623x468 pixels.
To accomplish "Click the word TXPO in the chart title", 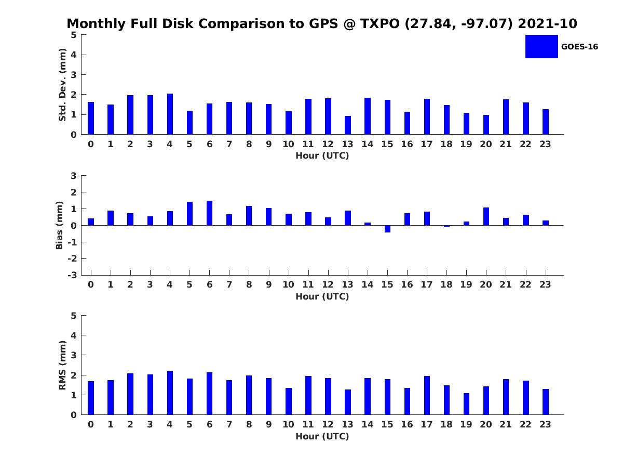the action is pyautogui.click(x=380, y=23).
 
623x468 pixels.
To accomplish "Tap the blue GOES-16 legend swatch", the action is pyautogui.click(x=541, y=47).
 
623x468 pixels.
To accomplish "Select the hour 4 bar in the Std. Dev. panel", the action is pyautogui.click(x=170, y=114).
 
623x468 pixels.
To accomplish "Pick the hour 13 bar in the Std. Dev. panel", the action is pyautogui.click(x=348, y=125).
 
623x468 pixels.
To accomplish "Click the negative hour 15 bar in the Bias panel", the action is pyautogui.click(x=387, y=229).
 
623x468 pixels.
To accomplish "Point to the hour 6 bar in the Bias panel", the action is pyautogui.click(x=209, y=213).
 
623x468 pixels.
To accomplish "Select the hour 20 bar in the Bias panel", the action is pyautogui.click(x=486, y=216).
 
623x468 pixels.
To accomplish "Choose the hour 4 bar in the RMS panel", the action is pyautogui.click(x=170, y=393).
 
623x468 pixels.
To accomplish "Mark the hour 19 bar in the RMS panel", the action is pyautogui.click(x=466, y=404).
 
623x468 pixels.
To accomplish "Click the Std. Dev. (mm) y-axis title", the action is pyautogui.click(x=62, y=85).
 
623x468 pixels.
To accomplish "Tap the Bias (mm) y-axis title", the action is pyautogui.click(x=59, y=225).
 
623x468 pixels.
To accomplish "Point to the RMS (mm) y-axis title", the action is pyautogui.click(x=62, y=365).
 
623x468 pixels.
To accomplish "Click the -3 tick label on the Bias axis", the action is pyautogui.click(x=72, y=275).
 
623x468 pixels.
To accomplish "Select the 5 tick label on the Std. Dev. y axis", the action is pyautogui.click(x=74, y=35).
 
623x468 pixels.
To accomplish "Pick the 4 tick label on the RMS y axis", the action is pyautogui.click(x=74, y=335).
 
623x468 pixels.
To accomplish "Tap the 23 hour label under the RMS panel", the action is pyautogui.click(x=545, y=424).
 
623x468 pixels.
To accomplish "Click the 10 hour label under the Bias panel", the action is pyautogui.click(x=288, y=284).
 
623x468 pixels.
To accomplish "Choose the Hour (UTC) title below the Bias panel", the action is pyautogui.click(x=322, y=296).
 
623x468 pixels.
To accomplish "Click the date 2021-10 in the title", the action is pyautogui.click(x=548, y=23).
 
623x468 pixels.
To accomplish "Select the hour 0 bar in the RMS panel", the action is pyautogui.click(x=91, y=398).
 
